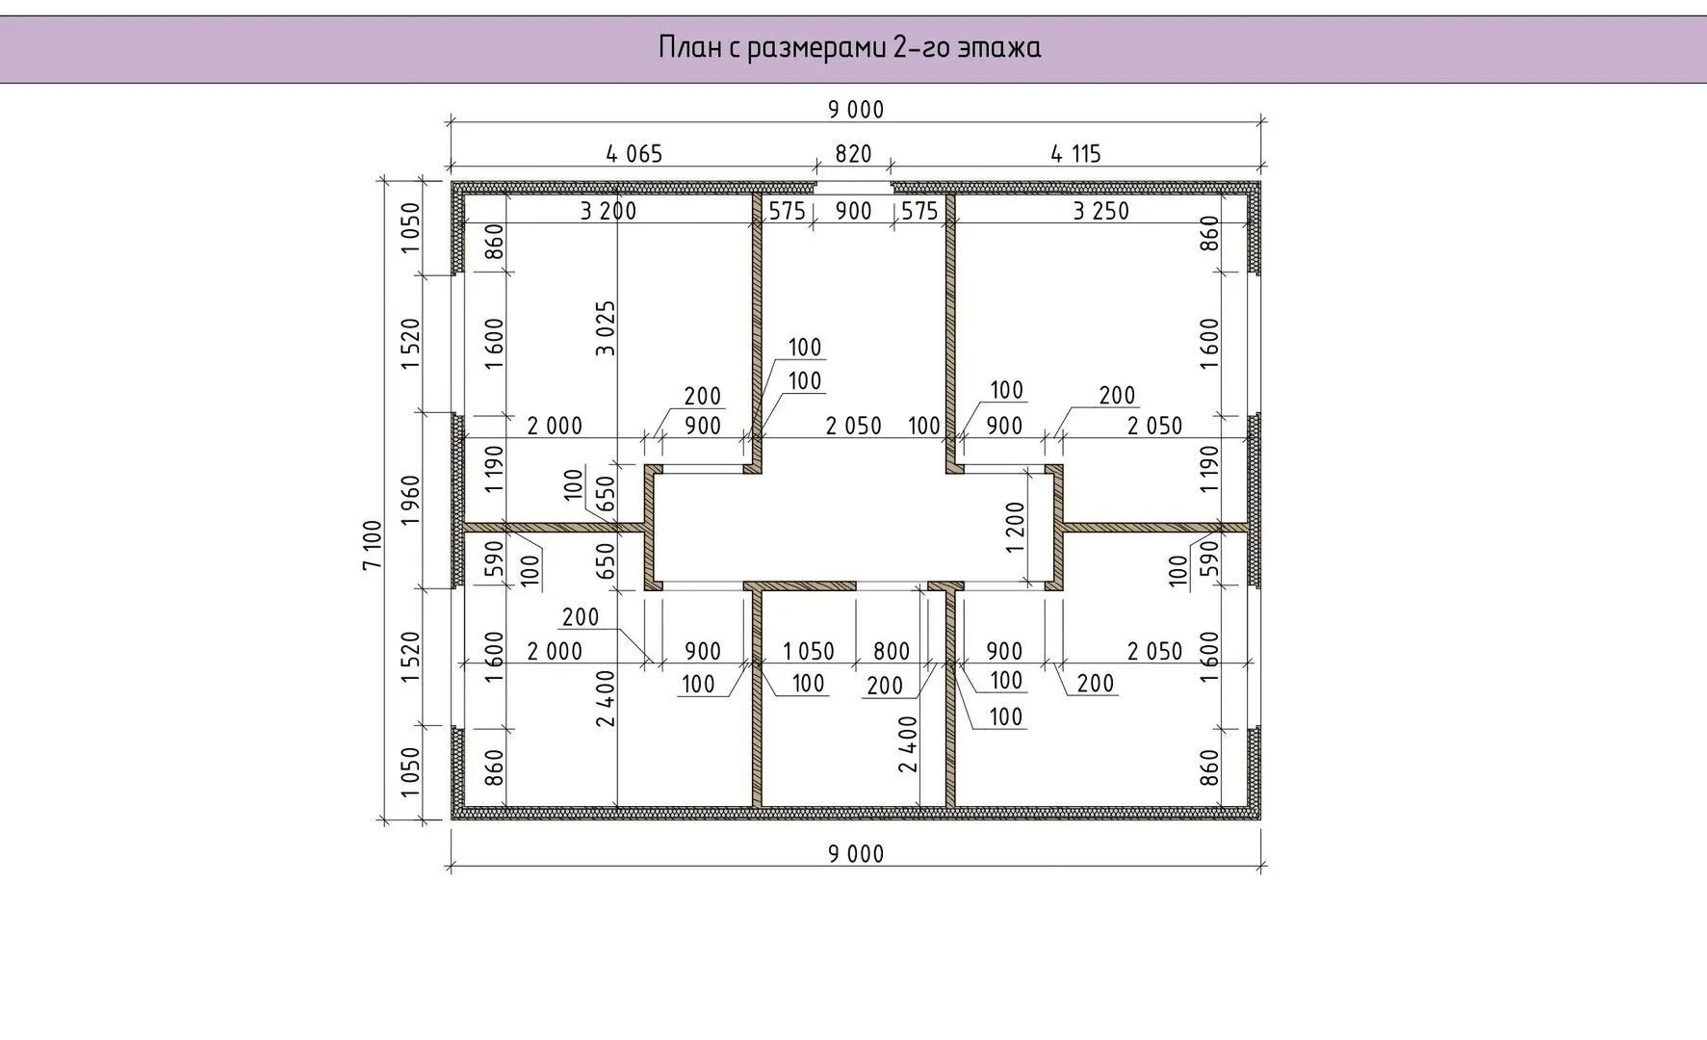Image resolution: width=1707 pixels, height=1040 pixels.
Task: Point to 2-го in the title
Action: (x=921, y=47)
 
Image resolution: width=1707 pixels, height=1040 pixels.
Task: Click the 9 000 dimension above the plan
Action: (x=856, y=110)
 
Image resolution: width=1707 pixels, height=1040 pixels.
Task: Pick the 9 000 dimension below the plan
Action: (x=856, y=853)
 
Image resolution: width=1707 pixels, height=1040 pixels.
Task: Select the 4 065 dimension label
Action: (x=634, y=153)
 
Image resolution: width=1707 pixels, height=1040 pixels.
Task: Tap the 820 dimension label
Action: (x=853, y=153)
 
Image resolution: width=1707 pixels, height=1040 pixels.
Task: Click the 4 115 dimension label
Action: (x=1075, y=153)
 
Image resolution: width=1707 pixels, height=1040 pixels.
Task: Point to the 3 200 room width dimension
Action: (x=608, y=211)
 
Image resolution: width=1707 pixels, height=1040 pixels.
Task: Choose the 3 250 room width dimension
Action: (x=1101, y=211)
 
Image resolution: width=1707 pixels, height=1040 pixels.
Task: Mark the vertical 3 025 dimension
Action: (x=606, y=328)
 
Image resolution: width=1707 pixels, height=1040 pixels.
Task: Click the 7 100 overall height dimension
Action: (x=373, y=545)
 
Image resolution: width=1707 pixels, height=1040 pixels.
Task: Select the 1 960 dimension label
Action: (x=411, y=500)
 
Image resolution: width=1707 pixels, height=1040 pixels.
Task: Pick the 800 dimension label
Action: (x=892, y=651)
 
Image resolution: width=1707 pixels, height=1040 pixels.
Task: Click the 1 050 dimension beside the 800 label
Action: (x=809, y=651)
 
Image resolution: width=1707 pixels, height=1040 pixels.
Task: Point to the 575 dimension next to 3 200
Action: (x=787, y=211)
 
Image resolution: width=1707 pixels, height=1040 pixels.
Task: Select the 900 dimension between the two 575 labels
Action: (x=853, y=211)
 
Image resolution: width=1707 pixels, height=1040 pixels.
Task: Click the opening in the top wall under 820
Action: (x=853, y=187)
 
